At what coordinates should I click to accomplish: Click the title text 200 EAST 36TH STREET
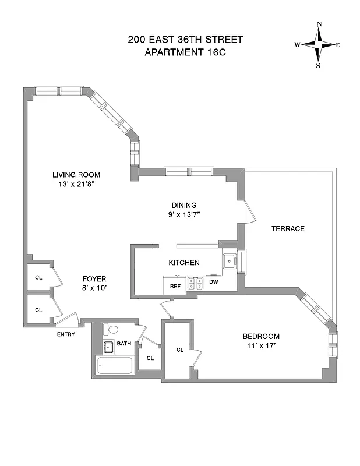coord(185,40)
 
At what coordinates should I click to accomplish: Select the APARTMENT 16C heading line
coord(185,52)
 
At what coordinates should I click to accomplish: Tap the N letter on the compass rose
coord(319,24)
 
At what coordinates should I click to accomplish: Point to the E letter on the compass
coord(338,45)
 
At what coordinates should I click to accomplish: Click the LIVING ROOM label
coord(76,175)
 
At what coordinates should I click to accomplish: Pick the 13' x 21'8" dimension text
coord(76,185)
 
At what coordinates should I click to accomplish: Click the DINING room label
coord(183,205)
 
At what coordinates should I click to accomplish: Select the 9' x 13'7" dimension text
coord(183,215)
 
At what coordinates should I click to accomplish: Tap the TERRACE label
coord(288,228)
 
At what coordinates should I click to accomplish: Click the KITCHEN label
coord(184,263)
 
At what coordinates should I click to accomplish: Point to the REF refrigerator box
coord(175,285)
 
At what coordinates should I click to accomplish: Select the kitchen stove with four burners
coord(193,284)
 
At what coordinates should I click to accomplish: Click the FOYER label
coord(94,278)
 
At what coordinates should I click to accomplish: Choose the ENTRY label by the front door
coord(65,334)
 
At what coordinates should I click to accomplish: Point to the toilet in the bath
coord(112,330)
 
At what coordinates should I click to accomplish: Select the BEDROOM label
coord(261,336)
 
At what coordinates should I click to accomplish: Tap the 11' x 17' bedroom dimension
coord(261,346)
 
